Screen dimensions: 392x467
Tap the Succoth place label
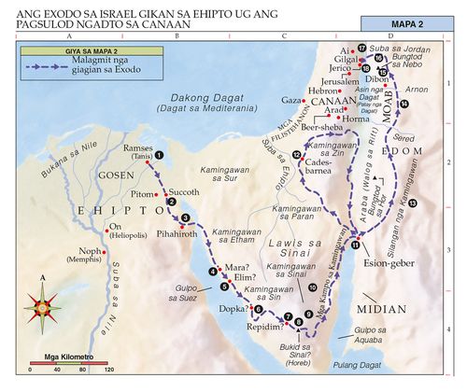[x=184, y=189]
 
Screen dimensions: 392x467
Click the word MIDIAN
[x=382, y=308]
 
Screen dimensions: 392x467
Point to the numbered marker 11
[x=356, y=245]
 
